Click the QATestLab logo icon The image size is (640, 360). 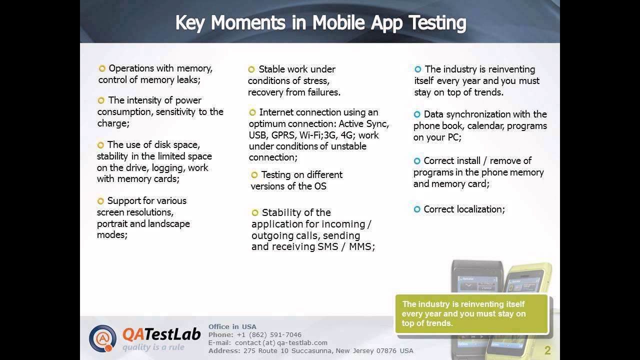point(102,338)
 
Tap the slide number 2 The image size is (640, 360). point(547,350)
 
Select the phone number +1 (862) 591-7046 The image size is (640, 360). point(269,334)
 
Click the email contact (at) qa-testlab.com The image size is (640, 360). point(281,342)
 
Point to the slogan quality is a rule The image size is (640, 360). point(153,347)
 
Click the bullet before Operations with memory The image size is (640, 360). point(102,68)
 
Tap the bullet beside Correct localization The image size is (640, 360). point(417,209)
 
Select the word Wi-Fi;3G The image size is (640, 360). point(318,135)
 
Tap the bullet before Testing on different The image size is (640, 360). point(254,175)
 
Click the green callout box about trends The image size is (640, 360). point(471,314)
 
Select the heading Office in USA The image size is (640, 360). point(232,326)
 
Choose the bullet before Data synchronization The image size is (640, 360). point(417,114)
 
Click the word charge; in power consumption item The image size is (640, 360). point(113,123)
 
